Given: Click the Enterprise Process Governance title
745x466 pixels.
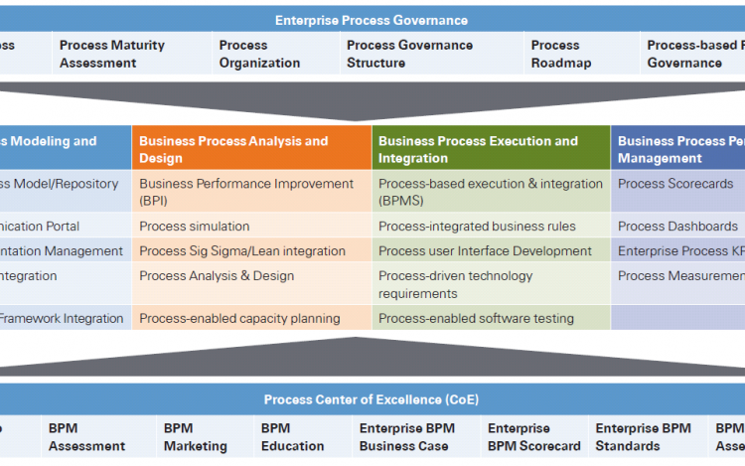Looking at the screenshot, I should pos(372,20).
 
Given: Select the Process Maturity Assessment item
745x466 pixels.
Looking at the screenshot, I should pos(111,54).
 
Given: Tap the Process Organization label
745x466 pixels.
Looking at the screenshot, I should pos(258,54).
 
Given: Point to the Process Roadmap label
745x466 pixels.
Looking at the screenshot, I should pos(560,54).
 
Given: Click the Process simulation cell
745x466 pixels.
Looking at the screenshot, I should pos(195,226).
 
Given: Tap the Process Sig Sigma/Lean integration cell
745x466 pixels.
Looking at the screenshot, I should pos(242,250).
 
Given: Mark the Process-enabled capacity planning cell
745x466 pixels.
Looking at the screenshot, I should pos(239,318).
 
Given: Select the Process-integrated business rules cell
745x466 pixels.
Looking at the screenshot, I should pos(478,226).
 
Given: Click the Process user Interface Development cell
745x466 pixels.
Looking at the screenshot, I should pos(484,250).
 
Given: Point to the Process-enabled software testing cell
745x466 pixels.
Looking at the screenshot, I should pos(476,318).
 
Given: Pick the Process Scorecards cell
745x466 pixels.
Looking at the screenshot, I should pos(675,184).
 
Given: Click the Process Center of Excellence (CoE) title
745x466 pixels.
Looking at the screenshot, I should pos(371,399).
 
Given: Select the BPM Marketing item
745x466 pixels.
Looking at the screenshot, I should pos(196,437).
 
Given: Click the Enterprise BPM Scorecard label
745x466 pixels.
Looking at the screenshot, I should pos(533,437).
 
